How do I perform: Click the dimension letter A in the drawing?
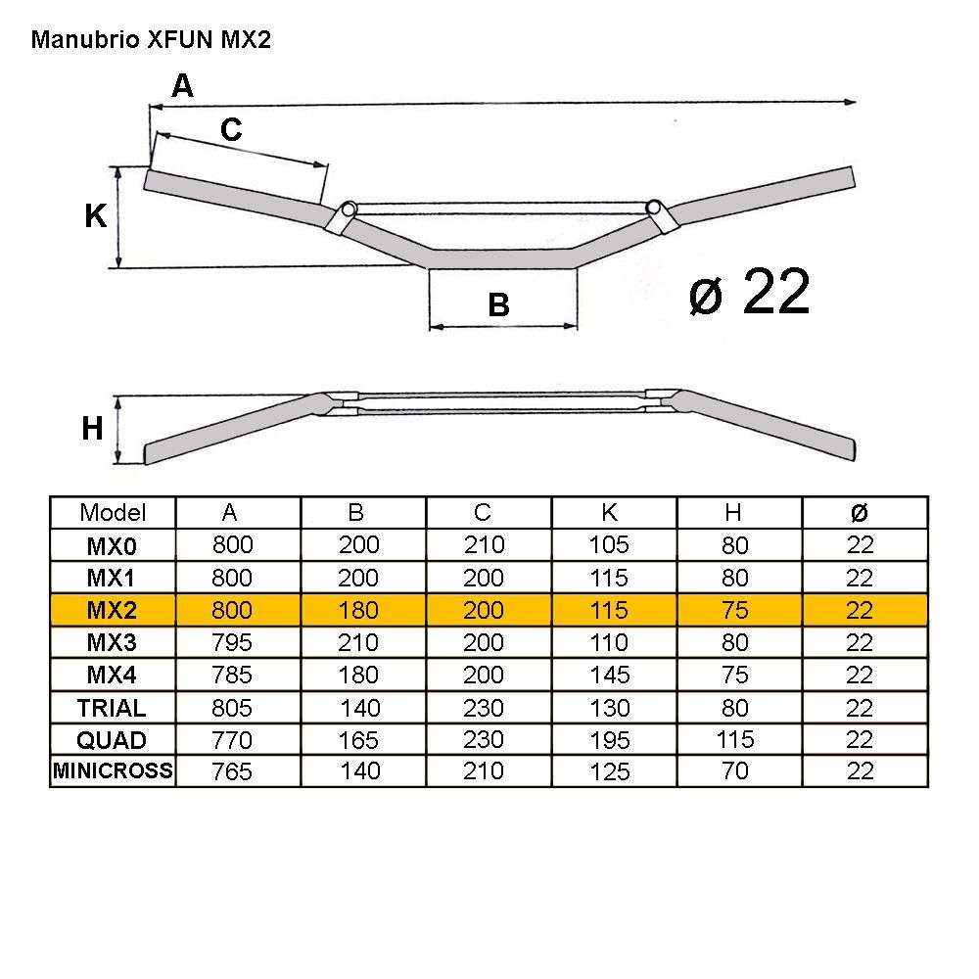point(182,86)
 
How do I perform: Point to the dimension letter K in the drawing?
point(95,216)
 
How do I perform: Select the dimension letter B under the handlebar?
point(498,305)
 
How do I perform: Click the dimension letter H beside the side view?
point(92,428)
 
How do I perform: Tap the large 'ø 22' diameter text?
point(749,292)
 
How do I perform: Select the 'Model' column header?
point(113,512)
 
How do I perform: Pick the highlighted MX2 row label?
point(113,610)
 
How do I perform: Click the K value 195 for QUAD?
point(610,740)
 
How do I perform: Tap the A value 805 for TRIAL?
point(232,708)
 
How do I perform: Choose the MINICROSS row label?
point(113,771)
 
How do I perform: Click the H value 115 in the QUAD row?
point(734,740)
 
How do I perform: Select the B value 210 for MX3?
point(358,642)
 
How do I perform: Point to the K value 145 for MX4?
point(610,676)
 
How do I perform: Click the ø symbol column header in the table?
point(860,512)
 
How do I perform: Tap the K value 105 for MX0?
point(610,545)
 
